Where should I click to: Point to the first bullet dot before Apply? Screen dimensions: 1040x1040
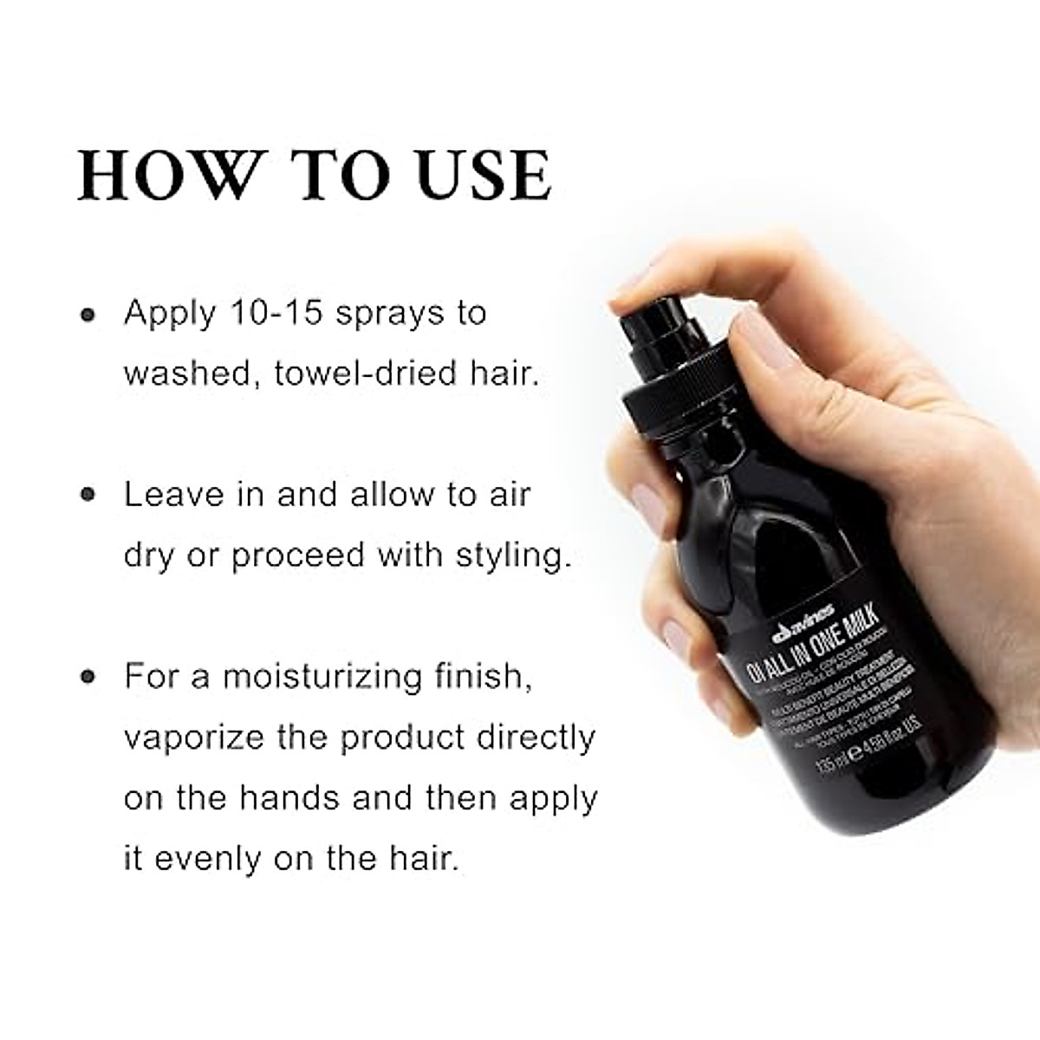coord(87,315)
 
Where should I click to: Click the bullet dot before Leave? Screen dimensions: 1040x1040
coord(87,496)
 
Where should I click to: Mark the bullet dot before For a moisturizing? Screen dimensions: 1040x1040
coord(87,678)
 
